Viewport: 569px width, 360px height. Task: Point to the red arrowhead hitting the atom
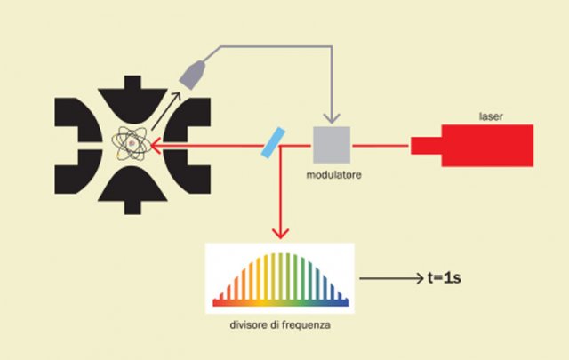[153, 145]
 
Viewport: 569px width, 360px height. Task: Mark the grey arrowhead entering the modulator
[331, 120]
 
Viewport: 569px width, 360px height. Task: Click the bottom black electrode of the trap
[132, 197]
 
